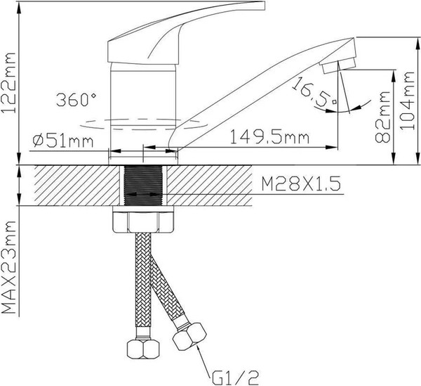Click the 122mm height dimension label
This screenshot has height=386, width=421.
pos(8,82)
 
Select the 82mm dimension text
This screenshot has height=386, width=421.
pos(382,117)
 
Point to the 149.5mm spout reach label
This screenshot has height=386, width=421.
pos(270,137)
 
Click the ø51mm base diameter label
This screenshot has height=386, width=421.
pos(63,141)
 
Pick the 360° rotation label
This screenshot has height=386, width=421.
pos(76,100)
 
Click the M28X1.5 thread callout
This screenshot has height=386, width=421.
pos(301,184)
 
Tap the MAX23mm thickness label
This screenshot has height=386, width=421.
pos(8,267)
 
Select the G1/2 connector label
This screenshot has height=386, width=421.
pos(235,378)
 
